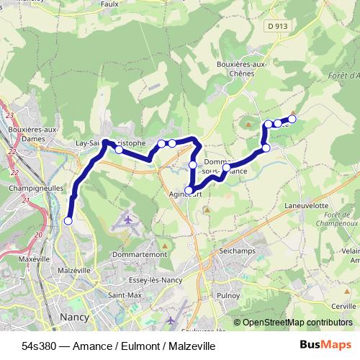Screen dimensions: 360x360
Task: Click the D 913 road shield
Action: click(274, 26)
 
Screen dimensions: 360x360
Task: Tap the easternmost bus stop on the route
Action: click(292, 119)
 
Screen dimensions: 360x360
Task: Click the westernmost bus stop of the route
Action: click(68, 221)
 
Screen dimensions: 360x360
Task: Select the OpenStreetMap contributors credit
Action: click(297, 323)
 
